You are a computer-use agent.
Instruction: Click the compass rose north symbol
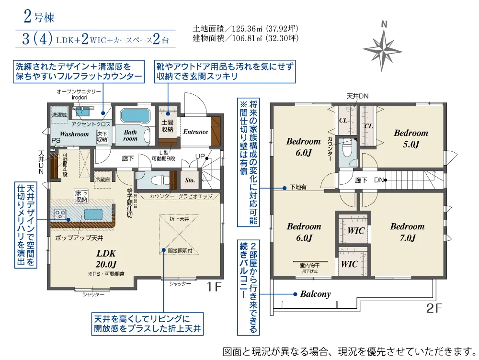[x=383, y=46]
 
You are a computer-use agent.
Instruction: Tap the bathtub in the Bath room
[x=136, y=116]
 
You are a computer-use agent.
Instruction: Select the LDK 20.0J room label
[x=106, y=259]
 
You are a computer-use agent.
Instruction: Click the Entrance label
[x=195, y=132]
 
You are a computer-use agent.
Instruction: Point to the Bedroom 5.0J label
[x=411, y=138]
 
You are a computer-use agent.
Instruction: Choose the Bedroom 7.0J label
[x=408, y=232]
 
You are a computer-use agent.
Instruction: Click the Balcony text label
[x=315, y=294]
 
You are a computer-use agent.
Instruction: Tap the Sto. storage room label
[x=190, y=180]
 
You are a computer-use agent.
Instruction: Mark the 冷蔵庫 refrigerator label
[x=103, y=180]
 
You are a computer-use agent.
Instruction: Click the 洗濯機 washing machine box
[x=59, y=115]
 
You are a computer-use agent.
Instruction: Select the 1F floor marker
[x=214, y=287]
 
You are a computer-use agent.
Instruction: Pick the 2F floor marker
[x=434, y=308]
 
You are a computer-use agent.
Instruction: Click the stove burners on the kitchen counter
[x=60, y=214]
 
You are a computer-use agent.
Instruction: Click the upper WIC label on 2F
[x=356, y=231]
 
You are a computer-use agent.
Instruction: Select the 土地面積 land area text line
[x=245, y=29]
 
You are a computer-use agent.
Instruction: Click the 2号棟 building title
[x=39, y=16]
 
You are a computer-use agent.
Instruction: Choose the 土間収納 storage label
[x=167, y=126]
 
